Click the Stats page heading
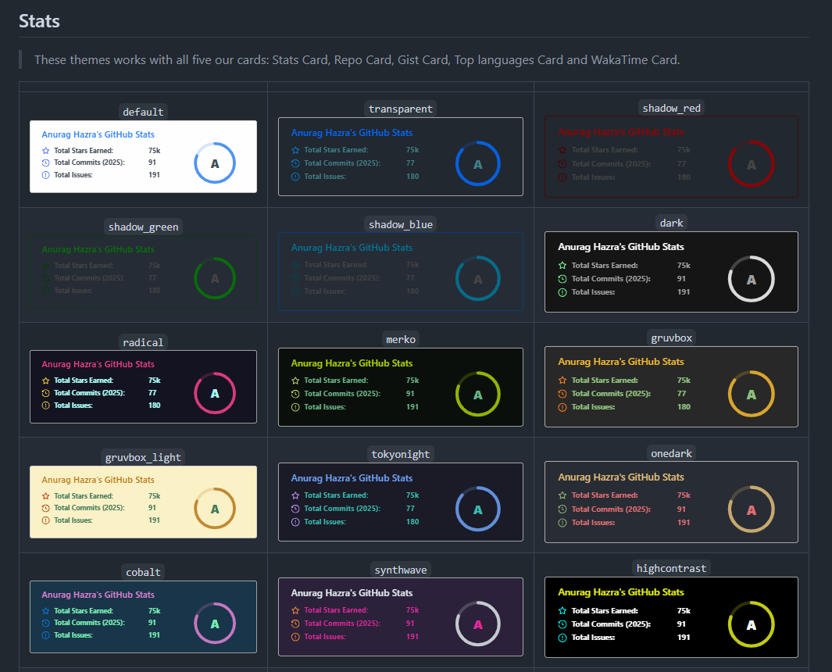click(39, 21)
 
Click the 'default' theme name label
click(143, 112)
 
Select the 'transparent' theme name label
click(400, 109)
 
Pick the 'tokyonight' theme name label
click(400, 454)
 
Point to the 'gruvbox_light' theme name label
click(143, 457)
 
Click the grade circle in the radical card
click(214, 393)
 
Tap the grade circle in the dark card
click(751, 279)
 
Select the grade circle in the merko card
click(477, 393)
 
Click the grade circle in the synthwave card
click(477, 624)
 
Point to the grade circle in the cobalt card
click(214, 624)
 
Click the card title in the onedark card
click(620, 477)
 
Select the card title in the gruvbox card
click(620, 362)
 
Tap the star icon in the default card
click(45, 150)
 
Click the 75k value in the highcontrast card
click(684, 611)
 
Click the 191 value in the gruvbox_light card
click(154, 520)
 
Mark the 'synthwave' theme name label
click(400, 570)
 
